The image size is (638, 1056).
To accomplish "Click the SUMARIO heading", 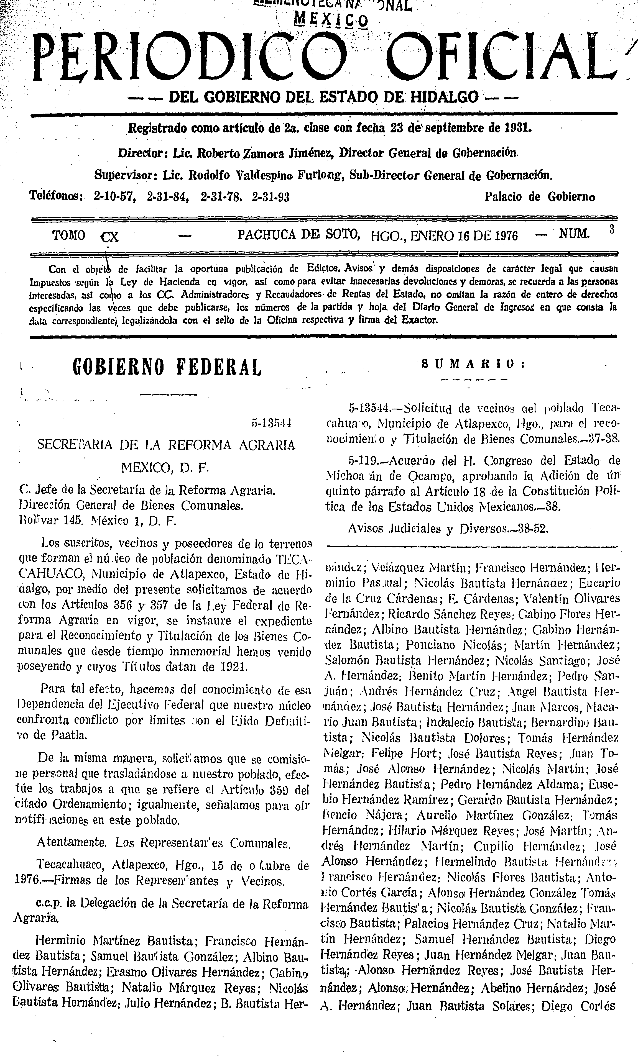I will (x=474, y=364).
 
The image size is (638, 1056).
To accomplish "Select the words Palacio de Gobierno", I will (x=540, y=197).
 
